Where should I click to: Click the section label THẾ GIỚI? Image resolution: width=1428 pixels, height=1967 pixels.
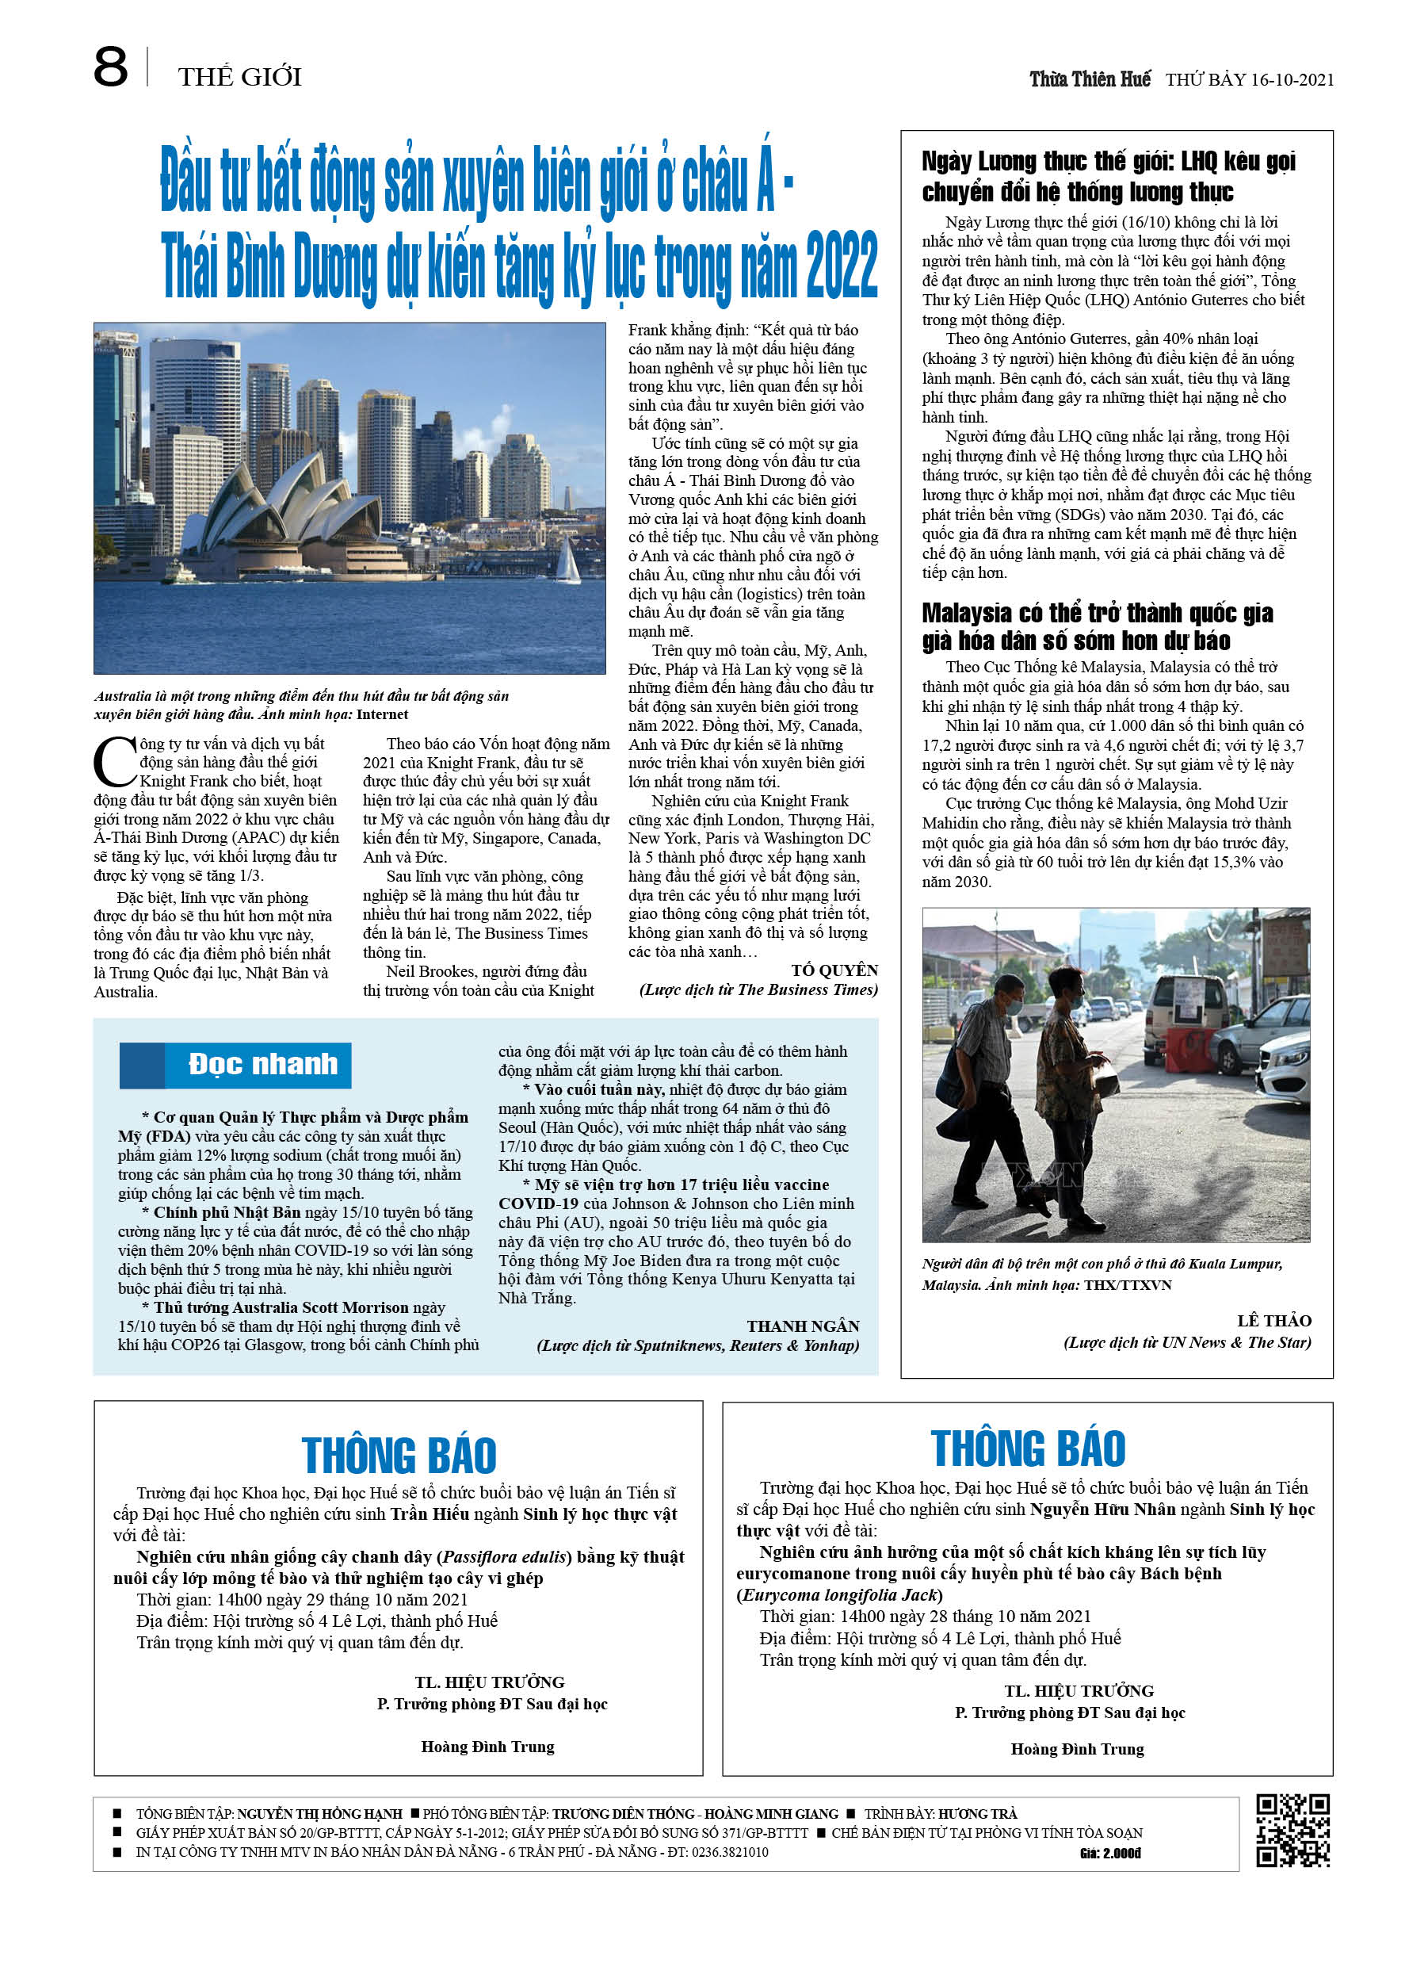pyautogui.click(x=239, y=77)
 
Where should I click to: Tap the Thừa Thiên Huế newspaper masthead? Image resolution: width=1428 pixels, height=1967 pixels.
pyautogui.click(x=1089, y=80)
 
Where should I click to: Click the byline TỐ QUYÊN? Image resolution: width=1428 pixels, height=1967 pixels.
pyautogui.click(x=834, y=970)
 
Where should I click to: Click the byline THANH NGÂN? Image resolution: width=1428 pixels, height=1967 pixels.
pyautogui.click(x=803, y=1326)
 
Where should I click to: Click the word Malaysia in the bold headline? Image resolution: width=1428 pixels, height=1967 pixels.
pyautogui.click(x=966, y=613)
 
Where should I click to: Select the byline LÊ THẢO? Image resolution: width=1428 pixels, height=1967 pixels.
pyautogui.click(x=1273, y=1321)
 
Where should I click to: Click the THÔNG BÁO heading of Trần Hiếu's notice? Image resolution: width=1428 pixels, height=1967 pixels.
pyautogui.click(x=399, y=1456)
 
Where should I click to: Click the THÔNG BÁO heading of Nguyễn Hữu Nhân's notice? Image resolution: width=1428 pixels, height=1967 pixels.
pyautogui.click(x=1028, y=1448)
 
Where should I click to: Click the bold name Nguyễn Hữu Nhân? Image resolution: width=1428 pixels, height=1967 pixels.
pyautogui.click(x=1102, y=1509)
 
